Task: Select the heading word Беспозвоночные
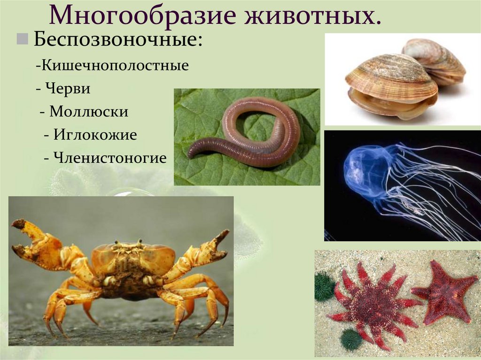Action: coord(118,39)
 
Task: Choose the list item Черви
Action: coord(68,89)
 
